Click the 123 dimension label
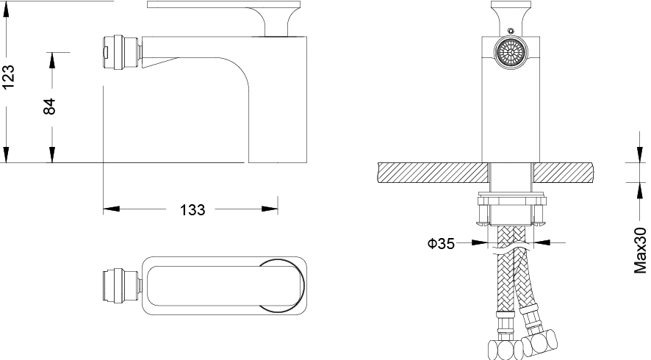(8, 76)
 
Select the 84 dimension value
(49, 107)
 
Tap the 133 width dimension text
(193, 210)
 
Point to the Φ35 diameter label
(441, 243)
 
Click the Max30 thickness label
(640, 251)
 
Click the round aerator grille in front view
(511, 52)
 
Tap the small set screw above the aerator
(511, 31)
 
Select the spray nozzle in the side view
(123, 52)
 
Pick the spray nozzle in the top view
(123, 286)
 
